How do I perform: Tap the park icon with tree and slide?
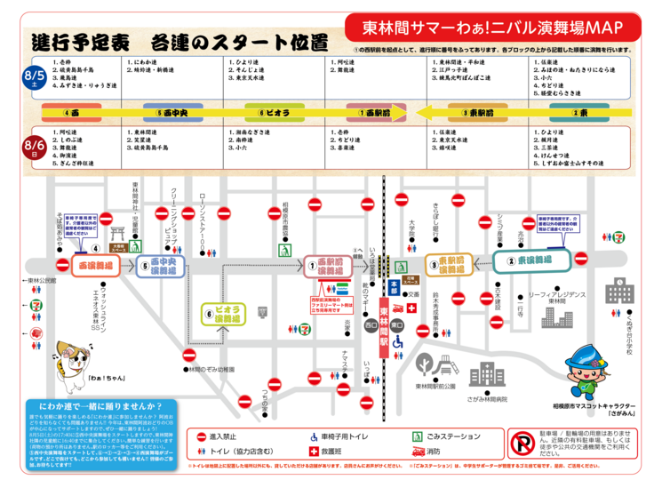[425, 364]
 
